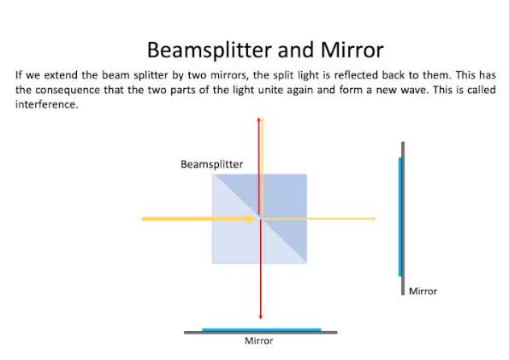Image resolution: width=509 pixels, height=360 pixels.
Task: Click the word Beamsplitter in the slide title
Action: pos(210,50)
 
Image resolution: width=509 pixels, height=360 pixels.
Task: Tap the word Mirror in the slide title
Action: pos(352,50)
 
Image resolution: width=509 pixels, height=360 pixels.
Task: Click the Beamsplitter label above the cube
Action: pos(211,164)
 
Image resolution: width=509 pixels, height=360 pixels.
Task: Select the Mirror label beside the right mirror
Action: pos(423,292)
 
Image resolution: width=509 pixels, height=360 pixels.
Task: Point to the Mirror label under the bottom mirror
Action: pos(258,340)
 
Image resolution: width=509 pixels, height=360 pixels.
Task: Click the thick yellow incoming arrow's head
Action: pos(251,219)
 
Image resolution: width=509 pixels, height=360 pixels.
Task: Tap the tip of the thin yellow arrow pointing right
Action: pos(376,219)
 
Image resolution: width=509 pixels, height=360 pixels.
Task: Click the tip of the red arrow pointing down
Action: pos(260,319)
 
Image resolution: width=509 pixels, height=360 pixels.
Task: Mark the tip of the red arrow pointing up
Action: pos(258,118)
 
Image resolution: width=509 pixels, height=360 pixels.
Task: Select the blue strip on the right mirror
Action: pos(400,217)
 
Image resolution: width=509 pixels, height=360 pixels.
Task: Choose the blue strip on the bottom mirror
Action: pos(262,330)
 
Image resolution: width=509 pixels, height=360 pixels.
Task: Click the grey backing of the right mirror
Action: pos(403,218)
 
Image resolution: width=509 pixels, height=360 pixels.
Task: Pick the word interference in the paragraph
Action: pos(47,104)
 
